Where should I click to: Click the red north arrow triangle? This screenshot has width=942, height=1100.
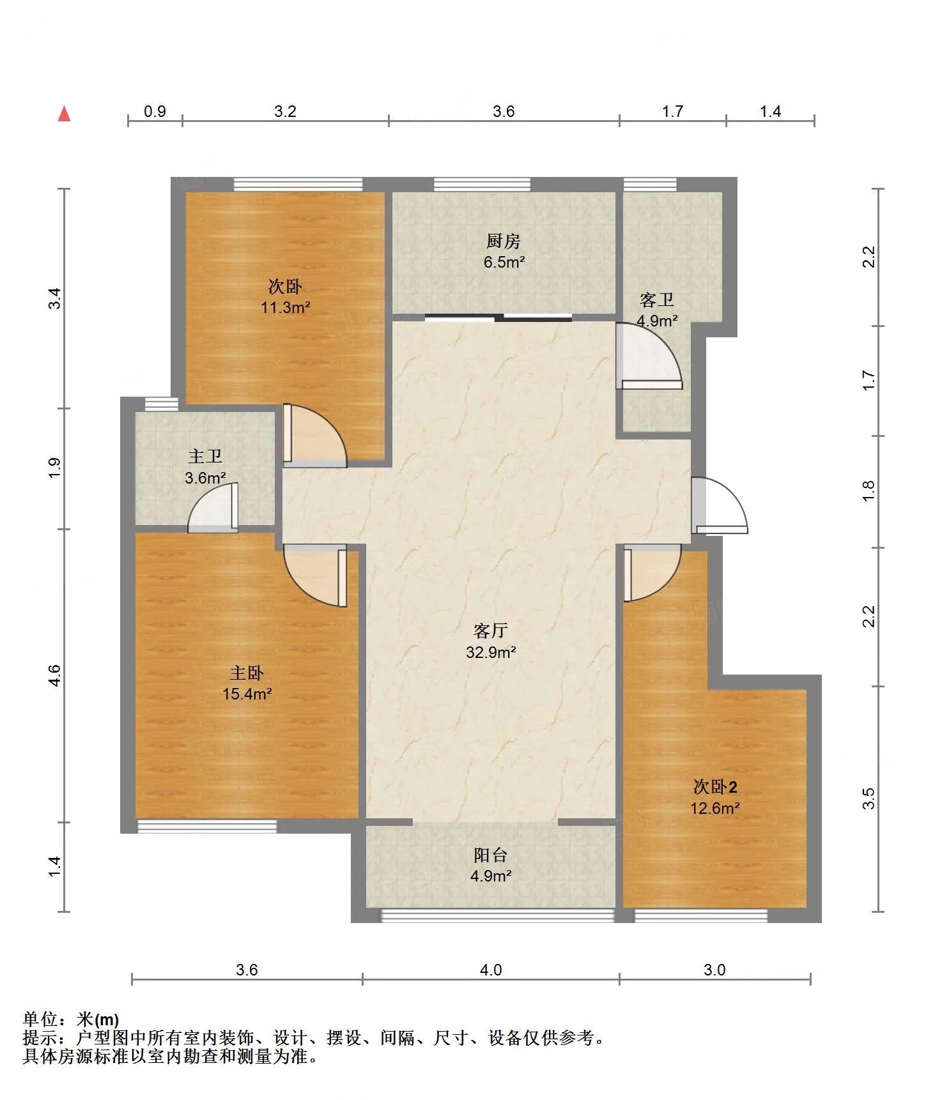pyautogui.click(x=64, y=114)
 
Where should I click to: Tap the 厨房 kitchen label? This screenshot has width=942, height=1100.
pyautogui.click(x=504, y=241)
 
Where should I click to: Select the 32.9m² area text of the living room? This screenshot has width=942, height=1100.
pyautogui.click(x=491, y=652)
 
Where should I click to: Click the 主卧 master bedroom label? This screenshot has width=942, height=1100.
pyautogui.click(x=247, y=673)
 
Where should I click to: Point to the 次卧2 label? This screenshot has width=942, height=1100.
pyautogui.click(x=715, y=786)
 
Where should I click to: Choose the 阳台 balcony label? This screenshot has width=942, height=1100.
pyautogui.click(x=491, y=855)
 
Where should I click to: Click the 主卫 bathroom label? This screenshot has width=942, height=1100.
pyautogui.click(x=205, y=456)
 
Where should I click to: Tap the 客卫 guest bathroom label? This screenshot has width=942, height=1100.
pyautogui.click(x=657, y=300)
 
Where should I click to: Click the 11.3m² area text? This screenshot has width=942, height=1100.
pyautogui.click(x=286, y=307)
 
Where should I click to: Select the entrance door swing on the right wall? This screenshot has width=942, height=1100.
pyautogui.click(x=720, y=505)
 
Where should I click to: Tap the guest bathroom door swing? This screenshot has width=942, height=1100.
pyautogui.click(x=649, y=356)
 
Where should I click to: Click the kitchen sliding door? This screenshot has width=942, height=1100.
pyautogui.click(x=498, y=317)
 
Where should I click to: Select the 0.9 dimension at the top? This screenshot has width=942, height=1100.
pyautogui.click(x=155, y=111)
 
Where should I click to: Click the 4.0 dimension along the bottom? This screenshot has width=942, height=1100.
pyautogui.click(x=491, y=970)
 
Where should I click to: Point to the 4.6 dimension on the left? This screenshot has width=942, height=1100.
pyautogui.click(x=55, y=676)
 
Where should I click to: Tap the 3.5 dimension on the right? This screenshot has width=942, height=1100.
pyautogui.click(x=868, y=798)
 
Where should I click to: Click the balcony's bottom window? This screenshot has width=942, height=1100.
pyautogui.click(x=498, y=915)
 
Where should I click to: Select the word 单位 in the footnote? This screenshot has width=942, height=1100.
pyautogui.click(x=40, y=1020)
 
